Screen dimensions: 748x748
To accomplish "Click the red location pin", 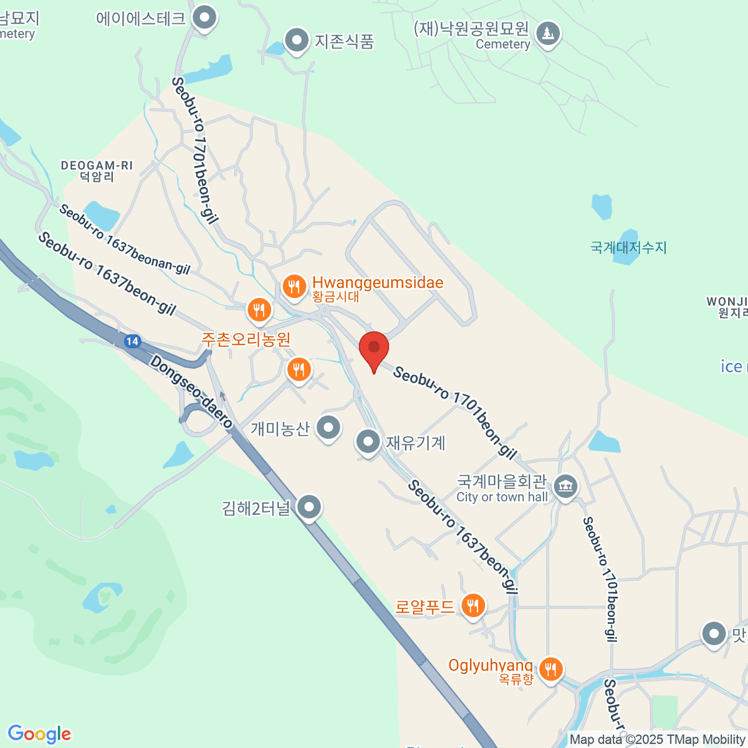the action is [x=374, y=348].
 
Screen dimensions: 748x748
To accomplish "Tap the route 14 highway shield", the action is [x=132, y=341].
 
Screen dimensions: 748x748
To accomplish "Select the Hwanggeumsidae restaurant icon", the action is [x=294, y=287].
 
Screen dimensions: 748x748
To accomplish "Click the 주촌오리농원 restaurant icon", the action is [x=259, y=309].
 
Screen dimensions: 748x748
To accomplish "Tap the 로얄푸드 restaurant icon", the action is [x=473, y=605].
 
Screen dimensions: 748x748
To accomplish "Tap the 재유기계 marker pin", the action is [x=368, y=441].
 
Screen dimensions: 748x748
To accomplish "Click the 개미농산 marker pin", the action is [x=328, y=428].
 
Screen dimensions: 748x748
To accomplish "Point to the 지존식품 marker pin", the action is [x=297, y=41].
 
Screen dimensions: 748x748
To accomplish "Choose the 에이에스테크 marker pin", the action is [x=203, y=17].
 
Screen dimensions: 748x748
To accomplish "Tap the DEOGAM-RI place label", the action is [x=97, y=171].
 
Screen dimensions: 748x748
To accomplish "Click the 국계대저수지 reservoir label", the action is [x=628, y=247].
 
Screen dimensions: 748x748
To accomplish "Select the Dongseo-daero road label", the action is [x=191, y=392].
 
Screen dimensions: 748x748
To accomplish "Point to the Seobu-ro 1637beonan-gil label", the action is [x=125, y=240].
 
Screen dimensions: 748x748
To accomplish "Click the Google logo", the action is [x=39, y=734].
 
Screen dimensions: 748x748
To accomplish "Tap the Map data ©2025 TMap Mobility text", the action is [x=658, y=740].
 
